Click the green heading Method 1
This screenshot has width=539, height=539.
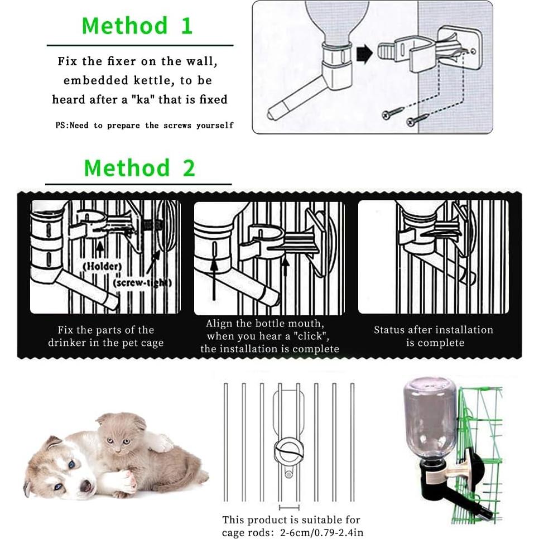(137, 26)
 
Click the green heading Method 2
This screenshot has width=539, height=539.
(139, 168)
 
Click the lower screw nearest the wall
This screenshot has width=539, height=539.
(417, 119)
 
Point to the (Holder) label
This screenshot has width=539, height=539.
(103, 266)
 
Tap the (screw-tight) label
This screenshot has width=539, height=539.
(142, 283)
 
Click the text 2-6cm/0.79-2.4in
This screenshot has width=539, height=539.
(321, 532)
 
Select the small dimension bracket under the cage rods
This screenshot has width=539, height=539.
(289, 507)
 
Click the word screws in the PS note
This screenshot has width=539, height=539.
(177, 126)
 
